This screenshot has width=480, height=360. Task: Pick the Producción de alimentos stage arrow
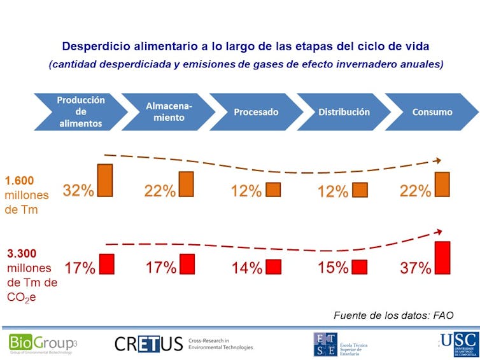click(x=80, y=112)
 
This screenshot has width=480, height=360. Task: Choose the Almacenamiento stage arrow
click(x=167, y=112)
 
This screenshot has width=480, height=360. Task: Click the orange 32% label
click(x=78, y=190)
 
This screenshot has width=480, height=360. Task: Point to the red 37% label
click(x=416, y=268)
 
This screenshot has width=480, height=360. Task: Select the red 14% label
click(x=247, y=268)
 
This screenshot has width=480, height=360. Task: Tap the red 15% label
click(x=333, y=268)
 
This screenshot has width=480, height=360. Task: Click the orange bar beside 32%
click(x=104, y=180)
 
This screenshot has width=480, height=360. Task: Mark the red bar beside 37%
click(x=442, y=258)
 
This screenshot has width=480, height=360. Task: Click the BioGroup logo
click(x=42, y=343)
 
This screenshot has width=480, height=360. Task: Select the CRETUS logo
click(x=148, y=344)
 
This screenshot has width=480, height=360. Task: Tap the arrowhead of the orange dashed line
click(x=439, y=162)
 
